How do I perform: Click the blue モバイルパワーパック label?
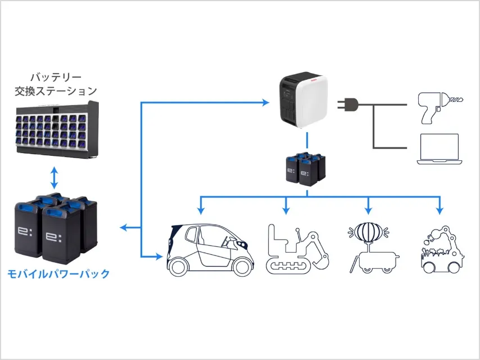[58, 274]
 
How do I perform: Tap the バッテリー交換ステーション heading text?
[55, 83]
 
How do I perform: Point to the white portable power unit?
[303, 103]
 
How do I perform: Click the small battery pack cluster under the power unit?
[306, 168]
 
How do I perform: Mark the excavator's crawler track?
[290, 266]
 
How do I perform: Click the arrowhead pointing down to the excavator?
[286, 210]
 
